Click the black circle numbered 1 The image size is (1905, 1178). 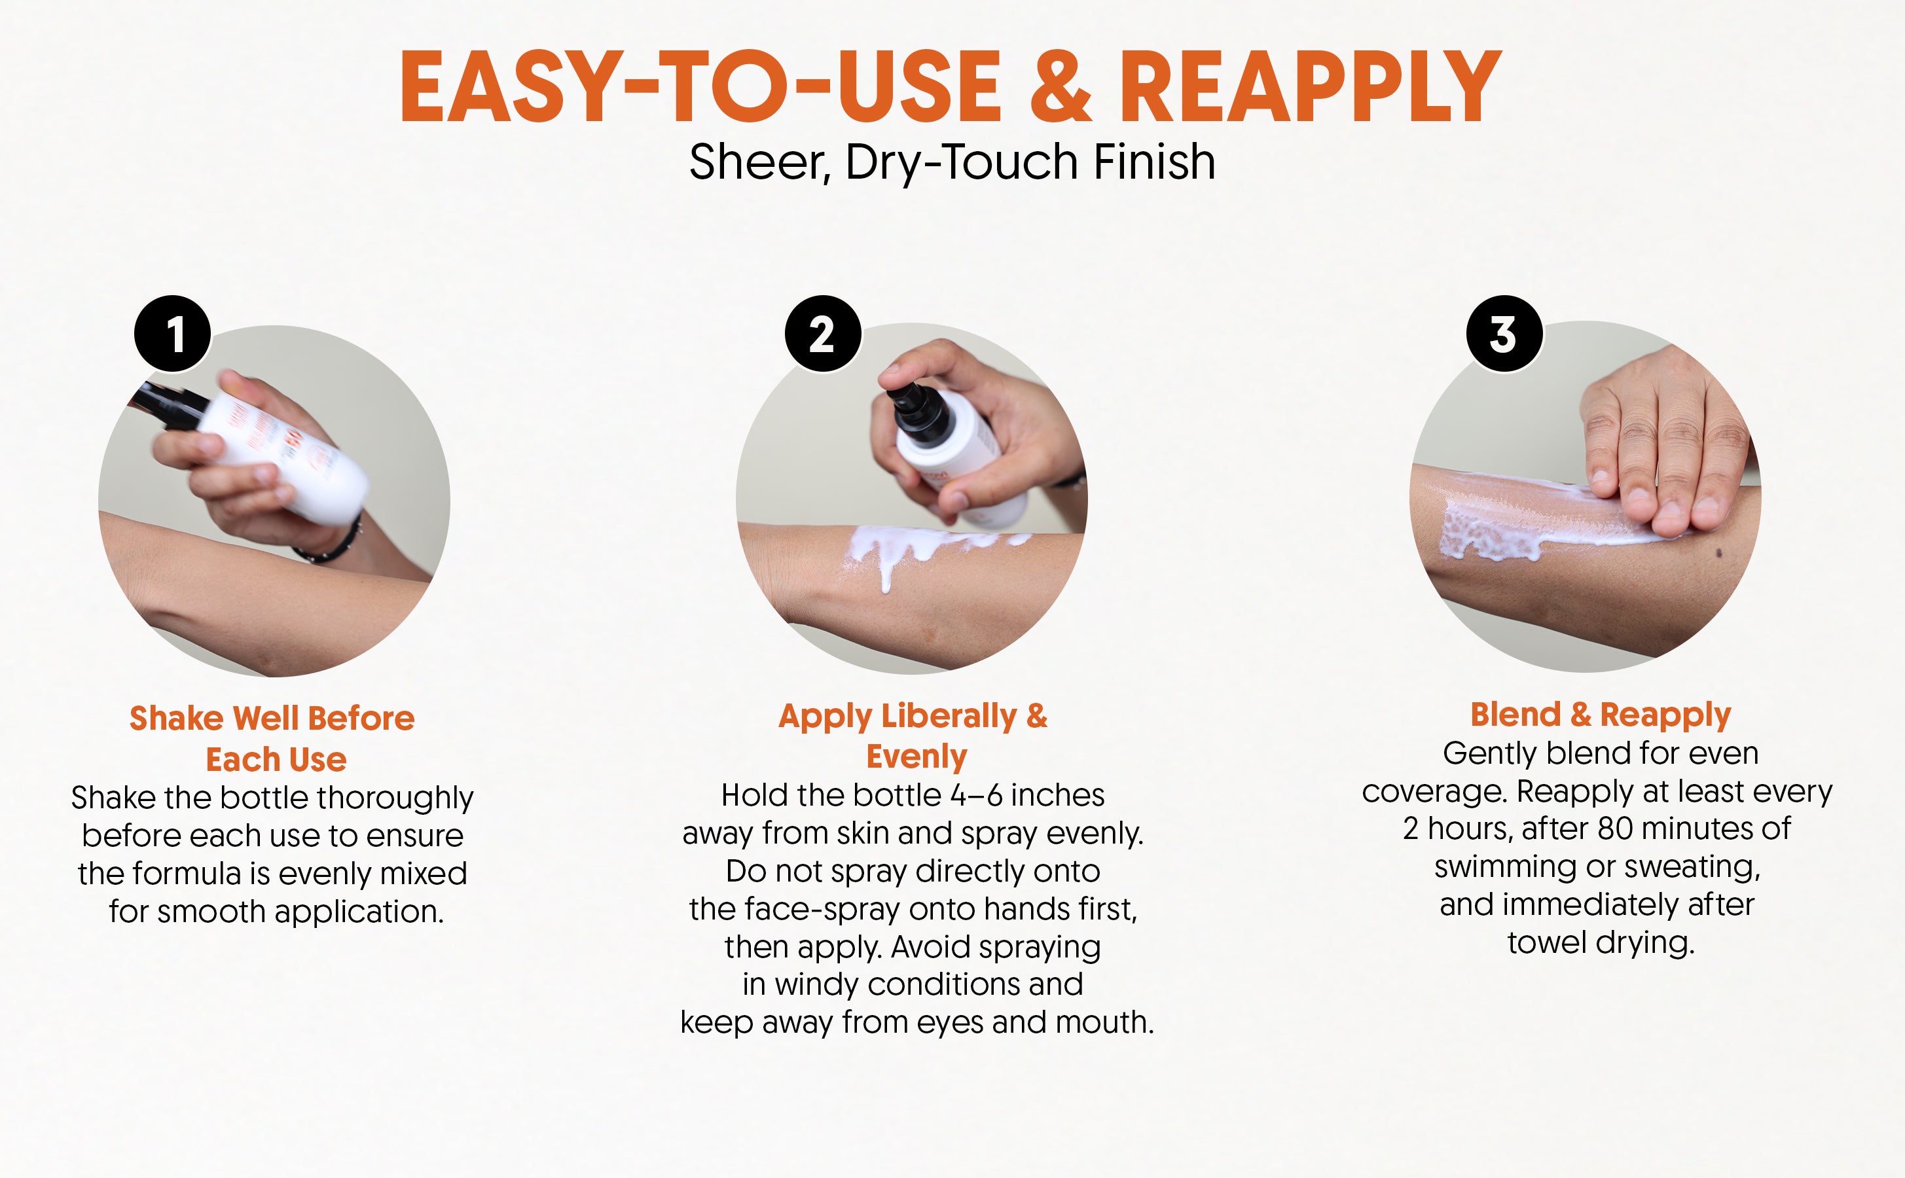[172, 334]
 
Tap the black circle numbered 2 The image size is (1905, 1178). [823, 334]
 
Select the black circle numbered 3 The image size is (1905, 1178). [1504, 334]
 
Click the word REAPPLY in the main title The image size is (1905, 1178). [1311, 86]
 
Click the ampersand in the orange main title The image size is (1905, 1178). [1061, 86]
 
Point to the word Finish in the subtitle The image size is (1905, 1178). [1154, 162]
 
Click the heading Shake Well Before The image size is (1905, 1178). [272, 717]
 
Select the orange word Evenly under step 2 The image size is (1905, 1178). [916, 757]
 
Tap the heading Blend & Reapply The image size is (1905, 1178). [1601, 715]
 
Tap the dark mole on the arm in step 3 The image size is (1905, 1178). [1719, 553]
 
